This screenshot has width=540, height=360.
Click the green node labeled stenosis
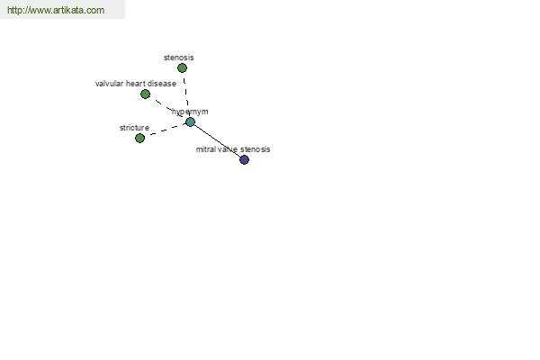pos(182,68)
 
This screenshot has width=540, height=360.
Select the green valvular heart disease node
pos(145,94)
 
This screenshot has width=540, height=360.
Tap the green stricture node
pos(139,138)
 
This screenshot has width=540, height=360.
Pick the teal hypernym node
pos(190,122)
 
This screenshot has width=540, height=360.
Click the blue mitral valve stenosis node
pos(244,160)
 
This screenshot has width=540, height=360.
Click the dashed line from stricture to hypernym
pos(165,130)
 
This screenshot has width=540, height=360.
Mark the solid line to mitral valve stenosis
pos(217,141)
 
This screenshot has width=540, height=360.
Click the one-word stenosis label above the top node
pos(179,58)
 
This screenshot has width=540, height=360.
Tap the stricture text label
pos(134,128)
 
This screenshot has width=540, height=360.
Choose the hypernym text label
pos(190,112)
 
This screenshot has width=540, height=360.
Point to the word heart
pos(135,84)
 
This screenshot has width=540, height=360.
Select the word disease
pos(162,84)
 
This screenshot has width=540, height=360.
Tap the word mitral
pos(205,149)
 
